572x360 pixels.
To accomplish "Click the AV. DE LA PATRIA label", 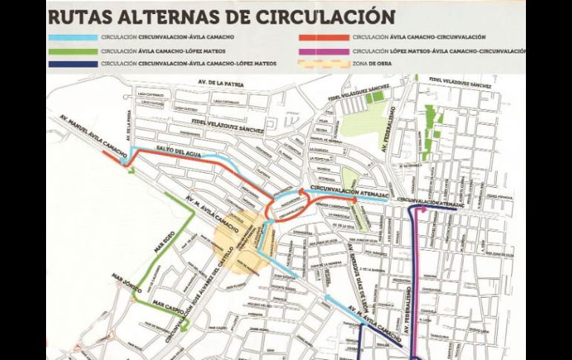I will tap(215, 81).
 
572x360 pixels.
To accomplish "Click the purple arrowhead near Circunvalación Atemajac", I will tap(423, 210).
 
